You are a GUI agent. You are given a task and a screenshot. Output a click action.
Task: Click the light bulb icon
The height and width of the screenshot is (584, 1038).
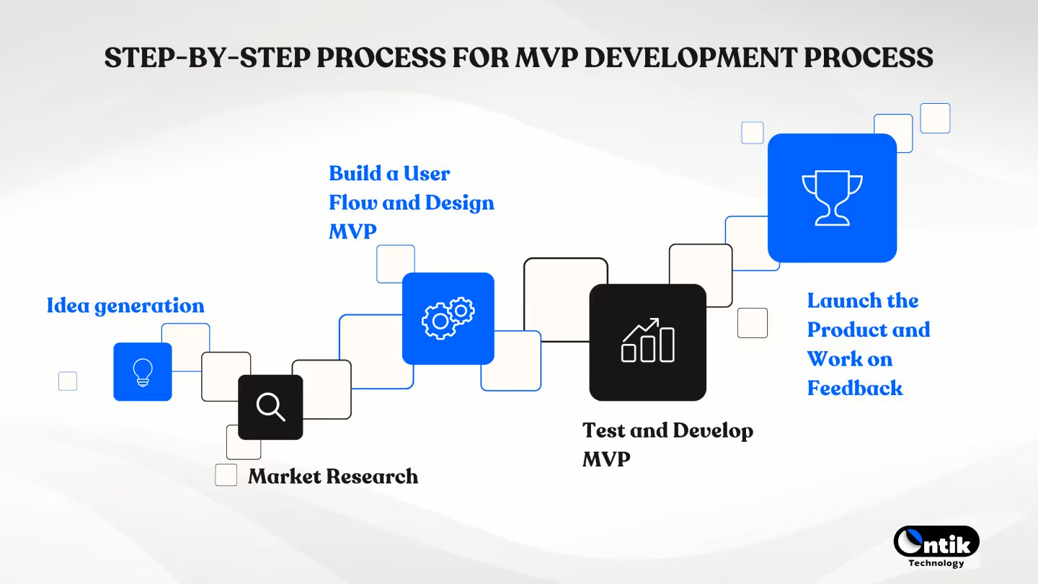pyautogui.click(x=143, y=372)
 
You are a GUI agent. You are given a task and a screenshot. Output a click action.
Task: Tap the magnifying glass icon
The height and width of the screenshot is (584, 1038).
pyautogui.click(x=270, y=407)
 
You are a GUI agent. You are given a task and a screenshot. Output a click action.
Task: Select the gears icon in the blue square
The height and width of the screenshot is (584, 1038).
pyautogui.click(x=448, y=319)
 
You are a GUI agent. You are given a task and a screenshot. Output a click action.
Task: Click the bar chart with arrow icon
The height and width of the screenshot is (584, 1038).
pyautogui.click(x=647, y=341)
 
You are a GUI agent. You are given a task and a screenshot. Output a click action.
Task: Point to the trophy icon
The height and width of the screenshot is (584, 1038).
pyautogui.click(x=832, y=198)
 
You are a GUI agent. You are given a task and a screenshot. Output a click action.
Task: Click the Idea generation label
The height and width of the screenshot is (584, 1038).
pyautogui.click(x=125, y=306)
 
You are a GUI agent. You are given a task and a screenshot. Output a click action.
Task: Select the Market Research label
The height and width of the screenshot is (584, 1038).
pyautogui.click(x=332, y=477)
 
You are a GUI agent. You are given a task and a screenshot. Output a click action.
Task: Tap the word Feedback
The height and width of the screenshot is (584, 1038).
pyautogui.click(x=854, y=388)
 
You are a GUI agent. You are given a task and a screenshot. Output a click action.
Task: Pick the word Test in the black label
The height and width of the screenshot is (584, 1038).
pyautogui.click(x=604, y=430)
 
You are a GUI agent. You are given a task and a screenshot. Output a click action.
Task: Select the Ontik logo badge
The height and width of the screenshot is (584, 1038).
pyautogui.click(x=936, y=541)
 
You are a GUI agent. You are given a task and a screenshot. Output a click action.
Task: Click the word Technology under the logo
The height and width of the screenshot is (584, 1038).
pyautogui.click(x=936, y=563)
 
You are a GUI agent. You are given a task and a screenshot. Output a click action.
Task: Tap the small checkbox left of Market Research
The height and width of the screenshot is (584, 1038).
pyautogui.click(x=226, y=475)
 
